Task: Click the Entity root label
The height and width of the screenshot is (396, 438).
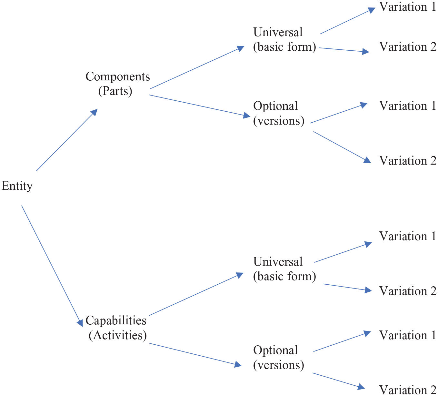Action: pos(17,186)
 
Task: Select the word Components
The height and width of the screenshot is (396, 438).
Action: pos(118,76)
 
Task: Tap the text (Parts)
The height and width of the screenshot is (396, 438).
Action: pos(115,91)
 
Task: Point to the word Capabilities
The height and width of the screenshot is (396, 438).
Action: pos(116,320)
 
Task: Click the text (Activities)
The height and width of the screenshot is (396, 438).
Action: pos(118,335)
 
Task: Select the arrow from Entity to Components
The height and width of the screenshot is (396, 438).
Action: pos(67,140)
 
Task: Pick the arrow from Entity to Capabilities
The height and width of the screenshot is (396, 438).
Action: pos(52,266)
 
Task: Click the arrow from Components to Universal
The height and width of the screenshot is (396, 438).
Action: pos(197,67)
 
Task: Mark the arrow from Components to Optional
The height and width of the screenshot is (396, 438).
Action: pos(200,106)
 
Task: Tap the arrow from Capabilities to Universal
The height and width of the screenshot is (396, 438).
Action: pos(196,294)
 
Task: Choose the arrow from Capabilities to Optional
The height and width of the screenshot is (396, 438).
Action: pos(195,355)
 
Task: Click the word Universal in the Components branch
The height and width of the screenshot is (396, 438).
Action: pos(278,32)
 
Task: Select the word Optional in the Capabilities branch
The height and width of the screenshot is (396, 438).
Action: pos(275,350)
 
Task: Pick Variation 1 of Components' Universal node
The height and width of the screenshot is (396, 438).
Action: pos(408,6)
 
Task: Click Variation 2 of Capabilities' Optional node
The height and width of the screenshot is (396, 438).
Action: pos(408,390)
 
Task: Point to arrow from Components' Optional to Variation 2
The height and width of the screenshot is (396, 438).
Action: pos(342,147)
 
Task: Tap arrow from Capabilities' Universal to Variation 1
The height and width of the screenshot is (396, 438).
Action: pos(343,252)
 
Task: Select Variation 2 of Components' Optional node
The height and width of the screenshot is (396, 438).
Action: pos(408,161)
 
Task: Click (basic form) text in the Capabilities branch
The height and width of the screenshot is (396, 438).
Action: pos(284,277)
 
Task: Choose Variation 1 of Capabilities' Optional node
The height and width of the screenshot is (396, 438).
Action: pos(408,335)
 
